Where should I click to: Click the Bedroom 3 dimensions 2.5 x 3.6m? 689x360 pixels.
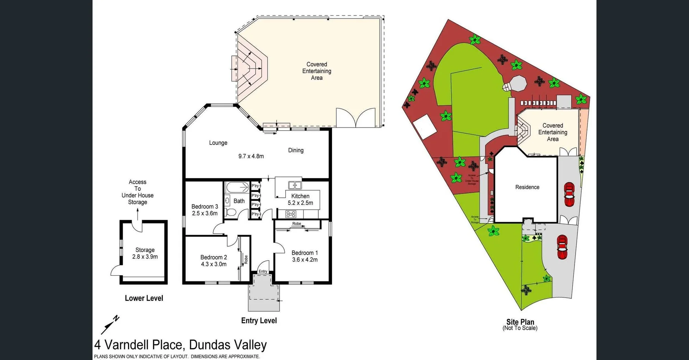(205, 213)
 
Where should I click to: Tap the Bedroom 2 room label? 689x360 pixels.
(214, 257)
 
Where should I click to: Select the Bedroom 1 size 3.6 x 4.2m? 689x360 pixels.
(305, 260)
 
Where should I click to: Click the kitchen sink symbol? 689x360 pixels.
(295, 185)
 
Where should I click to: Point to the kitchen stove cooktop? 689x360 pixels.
(291, 214)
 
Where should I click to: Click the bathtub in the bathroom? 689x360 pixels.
(237, 187)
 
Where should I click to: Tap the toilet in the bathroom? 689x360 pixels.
(230, 213)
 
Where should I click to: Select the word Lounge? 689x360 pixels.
(218, 143)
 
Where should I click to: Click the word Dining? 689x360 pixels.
(296, 150)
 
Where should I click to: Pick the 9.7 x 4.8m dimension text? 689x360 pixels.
(251, 156)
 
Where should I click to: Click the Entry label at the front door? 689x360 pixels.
(263, 271)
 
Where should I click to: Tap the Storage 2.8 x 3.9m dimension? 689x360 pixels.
(145, 257)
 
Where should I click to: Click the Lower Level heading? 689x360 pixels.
(144, 298)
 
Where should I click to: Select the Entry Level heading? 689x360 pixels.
(259, 321)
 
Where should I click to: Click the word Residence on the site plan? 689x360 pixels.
(527, 187)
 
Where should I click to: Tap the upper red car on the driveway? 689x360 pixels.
(569, 195)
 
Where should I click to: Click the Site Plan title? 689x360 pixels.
(520, 322)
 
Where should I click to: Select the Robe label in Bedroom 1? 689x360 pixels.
(296, 224)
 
